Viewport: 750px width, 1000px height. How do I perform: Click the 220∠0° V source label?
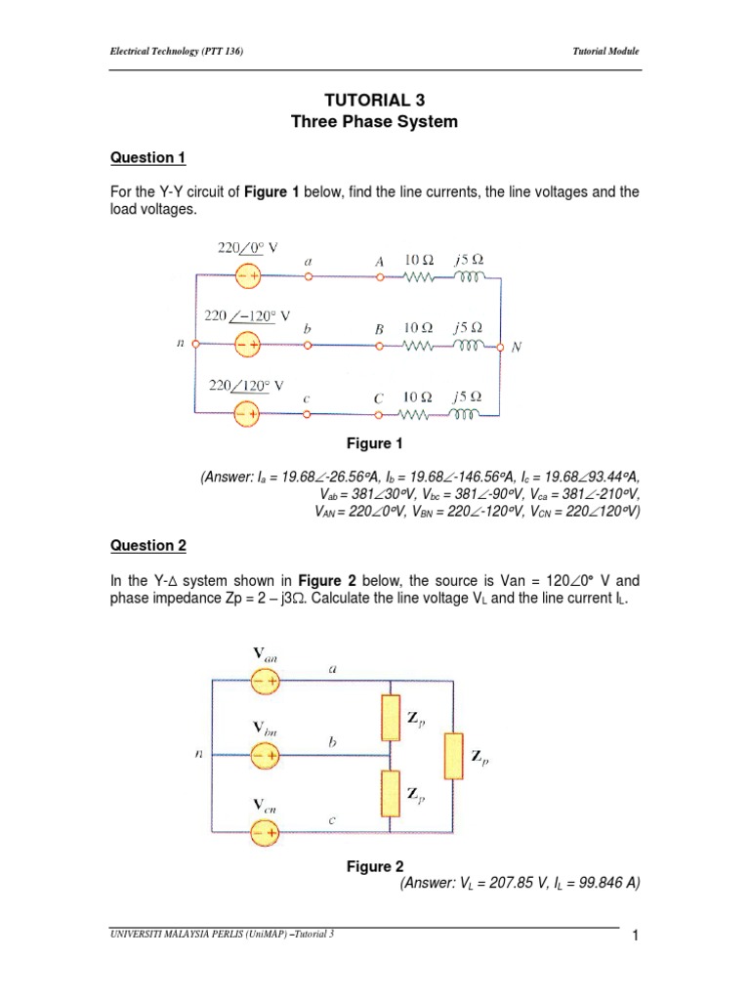[248, 249]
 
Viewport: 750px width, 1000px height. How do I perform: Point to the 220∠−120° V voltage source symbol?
[247, 345]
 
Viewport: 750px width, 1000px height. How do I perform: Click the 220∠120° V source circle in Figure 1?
[247, 414]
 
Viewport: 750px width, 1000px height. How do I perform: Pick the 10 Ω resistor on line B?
[419, 346]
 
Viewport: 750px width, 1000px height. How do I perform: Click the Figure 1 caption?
[375, 444]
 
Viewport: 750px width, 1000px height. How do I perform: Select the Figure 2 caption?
[375, 866]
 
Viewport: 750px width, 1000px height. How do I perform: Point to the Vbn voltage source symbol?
[265, 756]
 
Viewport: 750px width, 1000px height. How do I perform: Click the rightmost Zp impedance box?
[452, 756]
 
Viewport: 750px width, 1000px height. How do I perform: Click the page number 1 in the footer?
[635, 938]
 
